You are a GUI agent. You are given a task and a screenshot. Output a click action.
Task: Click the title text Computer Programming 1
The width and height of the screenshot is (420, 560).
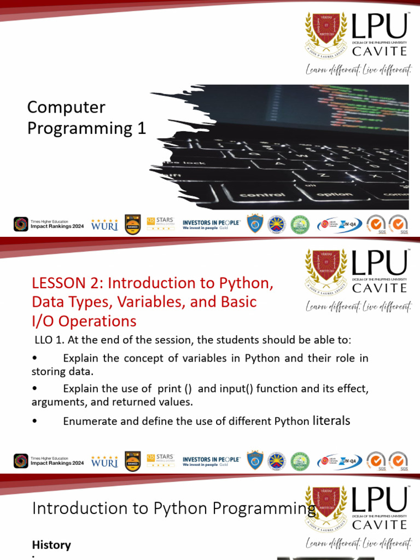coord(86,118)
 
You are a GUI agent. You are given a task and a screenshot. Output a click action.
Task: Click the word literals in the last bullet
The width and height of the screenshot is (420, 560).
coord(331,421)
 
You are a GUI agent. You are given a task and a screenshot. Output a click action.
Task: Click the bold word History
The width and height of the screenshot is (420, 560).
coord(51,545)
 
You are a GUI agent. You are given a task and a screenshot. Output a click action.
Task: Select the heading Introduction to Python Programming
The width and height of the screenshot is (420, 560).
coord(174,509)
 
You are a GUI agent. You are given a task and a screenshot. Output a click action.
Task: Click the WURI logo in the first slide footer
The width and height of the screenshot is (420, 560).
coord(104,224)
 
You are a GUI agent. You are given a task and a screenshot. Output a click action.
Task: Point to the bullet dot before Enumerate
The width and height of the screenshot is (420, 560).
coord(35,421)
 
